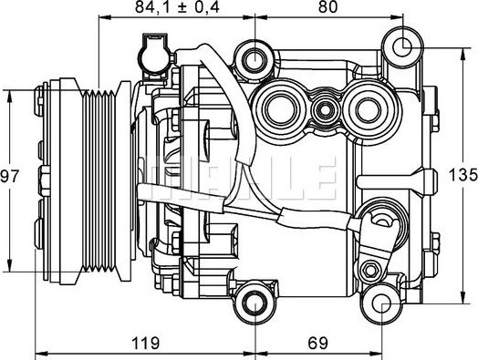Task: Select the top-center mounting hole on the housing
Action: pos(253,58)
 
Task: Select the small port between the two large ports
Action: pos(323,111)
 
